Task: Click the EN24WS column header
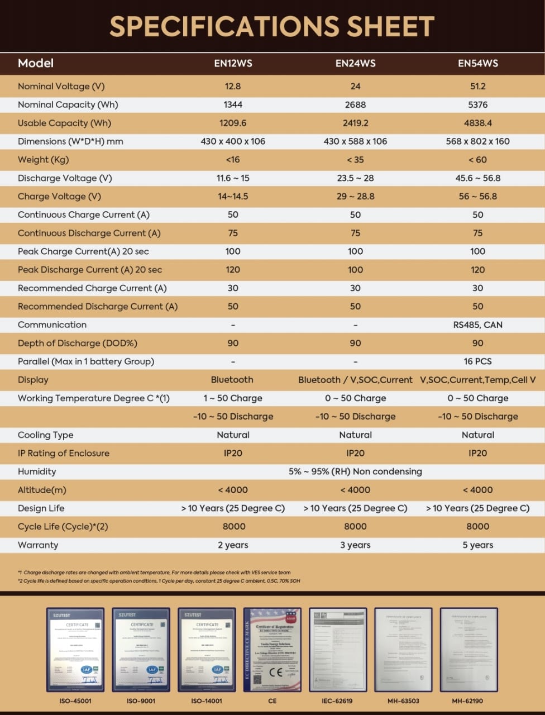[x=355, y=63]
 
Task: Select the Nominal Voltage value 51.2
[x=477, y=86]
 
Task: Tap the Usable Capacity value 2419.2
[x=355, y=123]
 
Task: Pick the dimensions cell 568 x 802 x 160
[x=477, y=141]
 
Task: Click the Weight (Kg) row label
[x=43, y=160]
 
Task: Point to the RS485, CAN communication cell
[x=477, y=325]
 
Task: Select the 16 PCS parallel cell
[x=477, y=361]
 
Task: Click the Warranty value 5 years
[x=477, y=545]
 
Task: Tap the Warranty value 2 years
[x=233, y=545]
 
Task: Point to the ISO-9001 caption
[x=141, y=700]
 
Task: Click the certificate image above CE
[x=272, y=649]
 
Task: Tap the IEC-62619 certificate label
[x=337, y=700]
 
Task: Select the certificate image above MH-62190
[x=468, y=649]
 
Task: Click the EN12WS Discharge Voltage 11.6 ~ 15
[x=233, y=178]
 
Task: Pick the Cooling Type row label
[x=45, y=435]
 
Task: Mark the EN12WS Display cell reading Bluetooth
[x=232, y=380]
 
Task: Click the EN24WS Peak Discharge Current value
[x=355, y=270]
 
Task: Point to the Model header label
[x=36, y=63]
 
